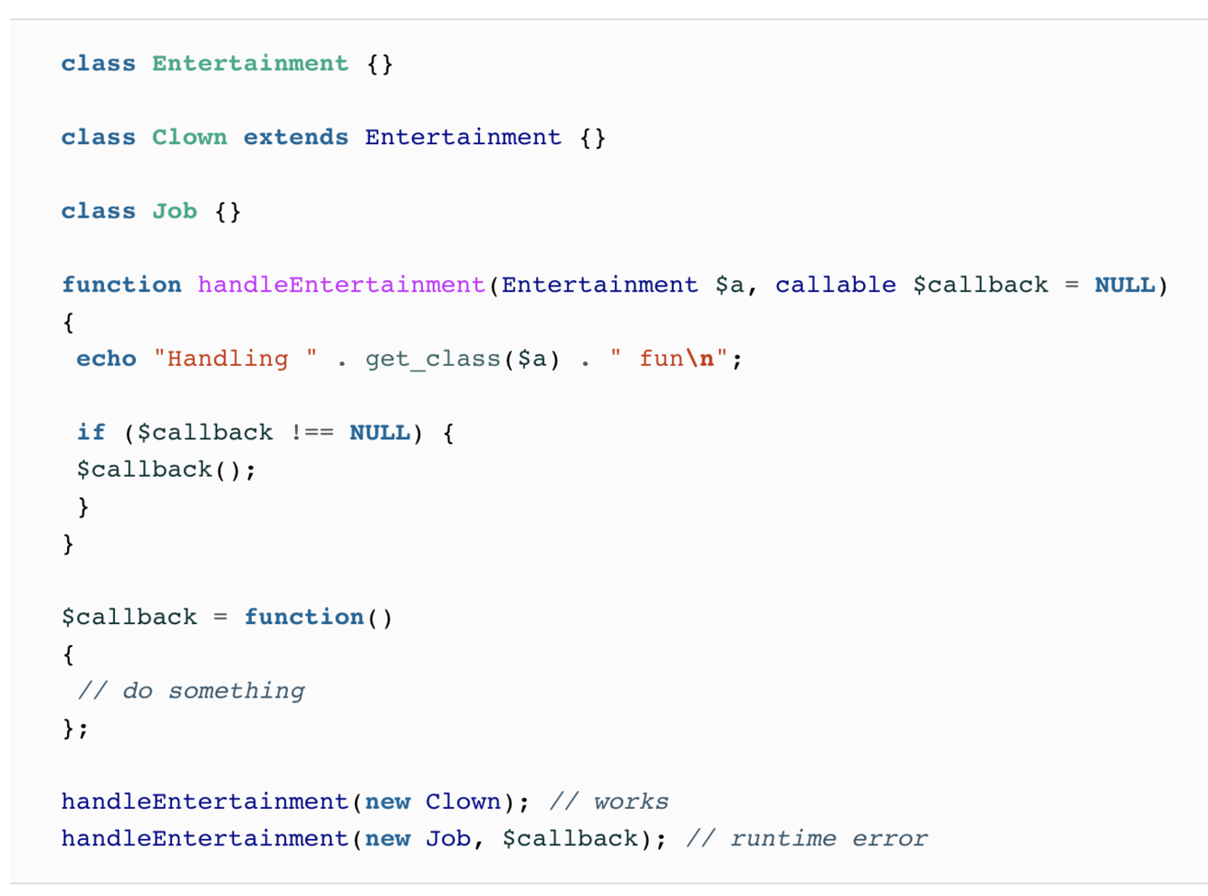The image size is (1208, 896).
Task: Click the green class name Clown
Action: pyautogui.click(x=189, y=138)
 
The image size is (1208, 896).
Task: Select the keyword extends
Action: pyautogui.click(x=295, y=138)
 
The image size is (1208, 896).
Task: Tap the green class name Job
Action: pyautogui.click(x=174, y=211)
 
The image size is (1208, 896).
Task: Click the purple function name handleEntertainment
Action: pyautogui.click(x=341, y=285)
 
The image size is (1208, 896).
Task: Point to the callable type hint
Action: pyautogui.click(x=835, y=285)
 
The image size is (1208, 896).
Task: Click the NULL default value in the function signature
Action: pyautogui.click(x=1125, y=285)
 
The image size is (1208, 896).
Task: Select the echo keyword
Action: pyautogui.click(x=106, y=359)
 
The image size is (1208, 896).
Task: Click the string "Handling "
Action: pyautogui.click(x=235, y=359)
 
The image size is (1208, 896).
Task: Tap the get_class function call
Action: pyautogui.click(x=433, y=359)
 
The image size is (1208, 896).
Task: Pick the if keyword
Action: pyautogui.click(x=91, y=433)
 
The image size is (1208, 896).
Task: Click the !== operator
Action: pyautogui.click(x=312, y=433)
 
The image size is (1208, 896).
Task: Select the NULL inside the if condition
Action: pyautogui.click(x=379, y=433)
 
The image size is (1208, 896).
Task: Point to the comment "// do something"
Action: pyautogui.click(x=191, y=691)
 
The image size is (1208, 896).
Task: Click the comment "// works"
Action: pyautogui.click(x=609, y=802)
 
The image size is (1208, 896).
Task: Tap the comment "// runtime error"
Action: pyautogui.click(x=806, y=839)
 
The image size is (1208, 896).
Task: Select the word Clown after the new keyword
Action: pyautogui.click(x=463, y=802)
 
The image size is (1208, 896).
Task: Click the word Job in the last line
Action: pyautogui.click(x=448, y=839)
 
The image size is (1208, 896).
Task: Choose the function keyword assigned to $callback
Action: pyautogui.click(x=303, y=618)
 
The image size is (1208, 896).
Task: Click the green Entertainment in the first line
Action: pyautogui.click(x=250, y=63)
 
